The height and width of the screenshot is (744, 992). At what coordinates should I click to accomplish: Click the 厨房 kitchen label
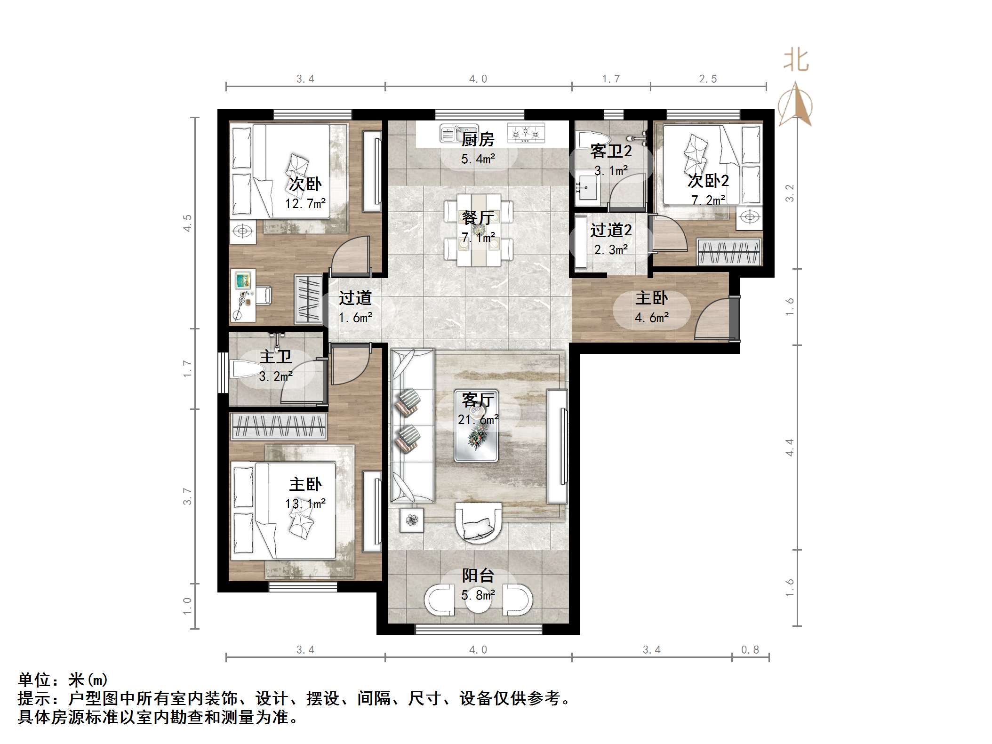(x=478, y=139)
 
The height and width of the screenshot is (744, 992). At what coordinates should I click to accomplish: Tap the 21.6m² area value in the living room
(x=478, y=419)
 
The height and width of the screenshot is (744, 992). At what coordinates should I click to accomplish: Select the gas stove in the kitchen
(x=526, y=133)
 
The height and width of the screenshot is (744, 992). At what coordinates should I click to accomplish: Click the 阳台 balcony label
(x=478, y=575)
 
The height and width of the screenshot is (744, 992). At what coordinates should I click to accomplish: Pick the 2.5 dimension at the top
(x=708, y=79)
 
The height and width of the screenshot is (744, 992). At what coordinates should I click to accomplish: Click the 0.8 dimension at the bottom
(x=750, y=650)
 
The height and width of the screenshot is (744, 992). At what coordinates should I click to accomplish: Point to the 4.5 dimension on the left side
(x=188, y=223)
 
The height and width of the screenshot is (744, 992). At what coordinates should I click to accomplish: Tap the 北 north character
(x=796, y=61)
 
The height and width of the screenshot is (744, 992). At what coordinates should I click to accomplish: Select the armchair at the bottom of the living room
(x=478, y=522)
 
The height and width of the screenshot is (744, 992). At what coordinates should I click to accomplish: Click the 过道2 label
(x=611, y=230)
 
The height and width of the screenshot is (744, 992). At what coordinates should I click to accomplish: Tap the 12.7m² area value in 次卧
(x=305, y=204)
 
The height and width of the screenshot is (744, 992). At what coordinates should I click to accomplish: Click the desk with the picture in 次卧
(x=243, y=296)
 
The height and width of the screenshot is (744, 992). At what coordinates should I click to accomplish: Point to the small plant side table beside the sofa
(x=412, y=520)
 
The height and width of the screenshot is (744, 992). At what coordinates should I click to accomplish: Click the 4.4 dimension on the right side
(x=790, y=447)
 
